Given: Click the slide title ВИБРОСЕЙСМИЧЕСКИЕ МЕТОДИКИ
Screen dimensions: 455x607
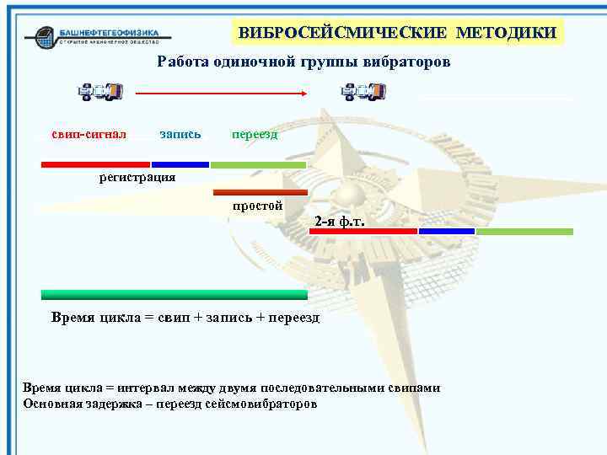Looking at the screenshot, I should pos(397,33).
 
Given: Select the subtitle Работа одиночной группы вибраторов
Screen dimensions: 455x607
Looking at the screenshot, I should pos(303,62).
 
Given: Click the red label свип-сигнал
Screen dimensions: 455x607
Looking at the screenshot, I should pos(89,134).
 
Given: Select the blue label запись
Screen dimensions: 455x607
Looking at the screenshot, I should pos(180,134).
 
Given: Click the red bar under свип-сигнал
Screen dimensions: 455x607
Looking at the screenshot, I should pos(95,164).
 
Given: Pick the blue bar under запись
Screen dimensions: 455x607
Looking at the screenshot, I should pos(180,164).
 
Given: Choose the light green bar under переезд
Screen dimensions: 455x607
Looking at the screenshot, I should pos(258,164).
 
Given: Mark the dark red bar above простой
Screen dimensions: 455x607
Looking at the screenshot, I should pos(261,193).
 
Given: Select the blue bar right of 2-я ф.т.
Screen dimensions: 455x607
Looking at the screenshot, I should pos(446,231).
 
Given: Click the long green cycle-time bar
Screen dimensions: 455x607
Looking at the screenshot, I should pos(175,295).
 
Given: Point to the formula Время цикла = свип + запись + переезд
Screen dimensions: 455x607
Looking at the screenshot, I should pos(185,318).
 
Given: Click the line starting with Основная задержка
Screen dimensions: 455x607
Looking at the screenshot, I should pos(171,404).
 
